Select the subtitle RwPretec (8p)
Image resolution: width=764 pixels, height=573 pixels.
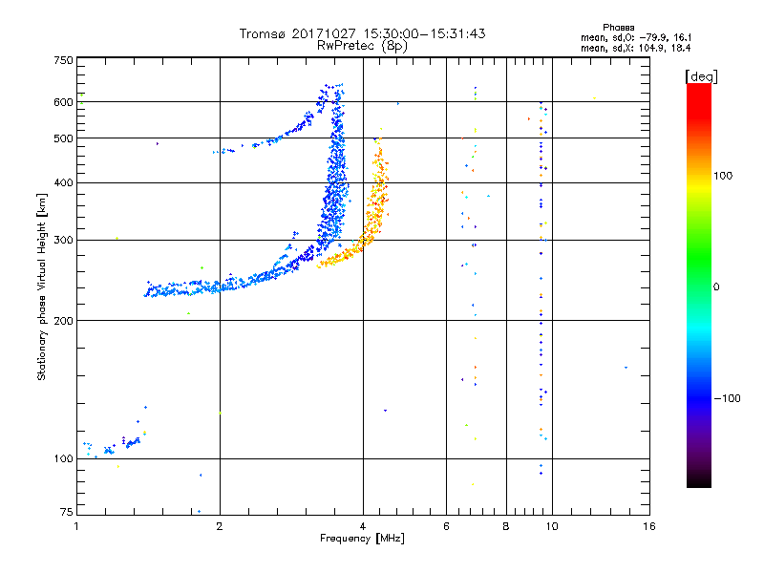tap(362, 46)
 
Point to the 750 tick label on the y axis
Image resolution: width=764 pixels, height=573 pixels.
tap(63, 60)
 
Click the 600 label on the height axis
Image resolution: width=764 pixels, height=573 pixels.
tap(63, 102)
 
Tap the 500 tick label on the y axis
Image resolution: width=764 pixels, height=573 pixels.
tap(63, 138)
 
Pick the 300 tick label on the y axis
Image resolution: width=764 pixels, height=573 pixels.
tap(63, 241)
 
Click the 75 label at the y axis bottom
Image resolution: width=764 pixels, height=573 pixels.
tap(67, 512)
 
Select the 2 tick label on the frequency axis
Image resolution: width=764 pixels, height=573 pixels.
tap(220, 526)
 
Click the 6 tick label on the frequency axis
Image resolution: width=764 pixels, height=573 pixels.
tap(446, 526)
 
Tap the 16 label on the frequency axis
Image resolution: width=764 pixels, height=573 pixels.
tap(649, 526)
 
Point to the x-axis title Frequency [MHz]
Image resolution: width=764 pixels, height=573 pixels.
tap(362, 539)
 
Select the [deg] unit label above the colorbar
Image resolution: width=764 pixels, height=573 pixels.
tap(701, 76)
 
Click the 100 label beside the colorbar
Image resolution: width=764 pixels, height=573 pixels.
tap(723, 176)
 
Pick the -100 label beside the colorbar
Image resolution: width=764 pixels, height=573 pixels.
tap(727, 398)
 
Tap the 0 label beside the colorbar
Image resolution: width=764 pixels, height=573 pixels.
tap(716, 287)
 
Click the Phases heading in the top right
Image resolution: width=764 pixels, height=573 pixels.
tap(618, 28)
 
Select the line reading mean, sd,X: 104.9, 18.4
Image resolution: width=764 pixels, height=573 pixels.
tap(635, 49)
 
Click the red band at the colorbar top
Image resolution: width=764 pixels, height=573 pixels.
tap(699, 97)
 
